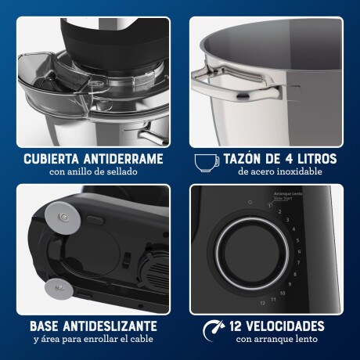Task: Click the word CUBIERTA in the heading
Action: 50,159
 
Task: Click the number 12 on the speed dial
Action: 273,301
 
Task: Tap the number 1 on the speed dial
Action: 269,207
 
